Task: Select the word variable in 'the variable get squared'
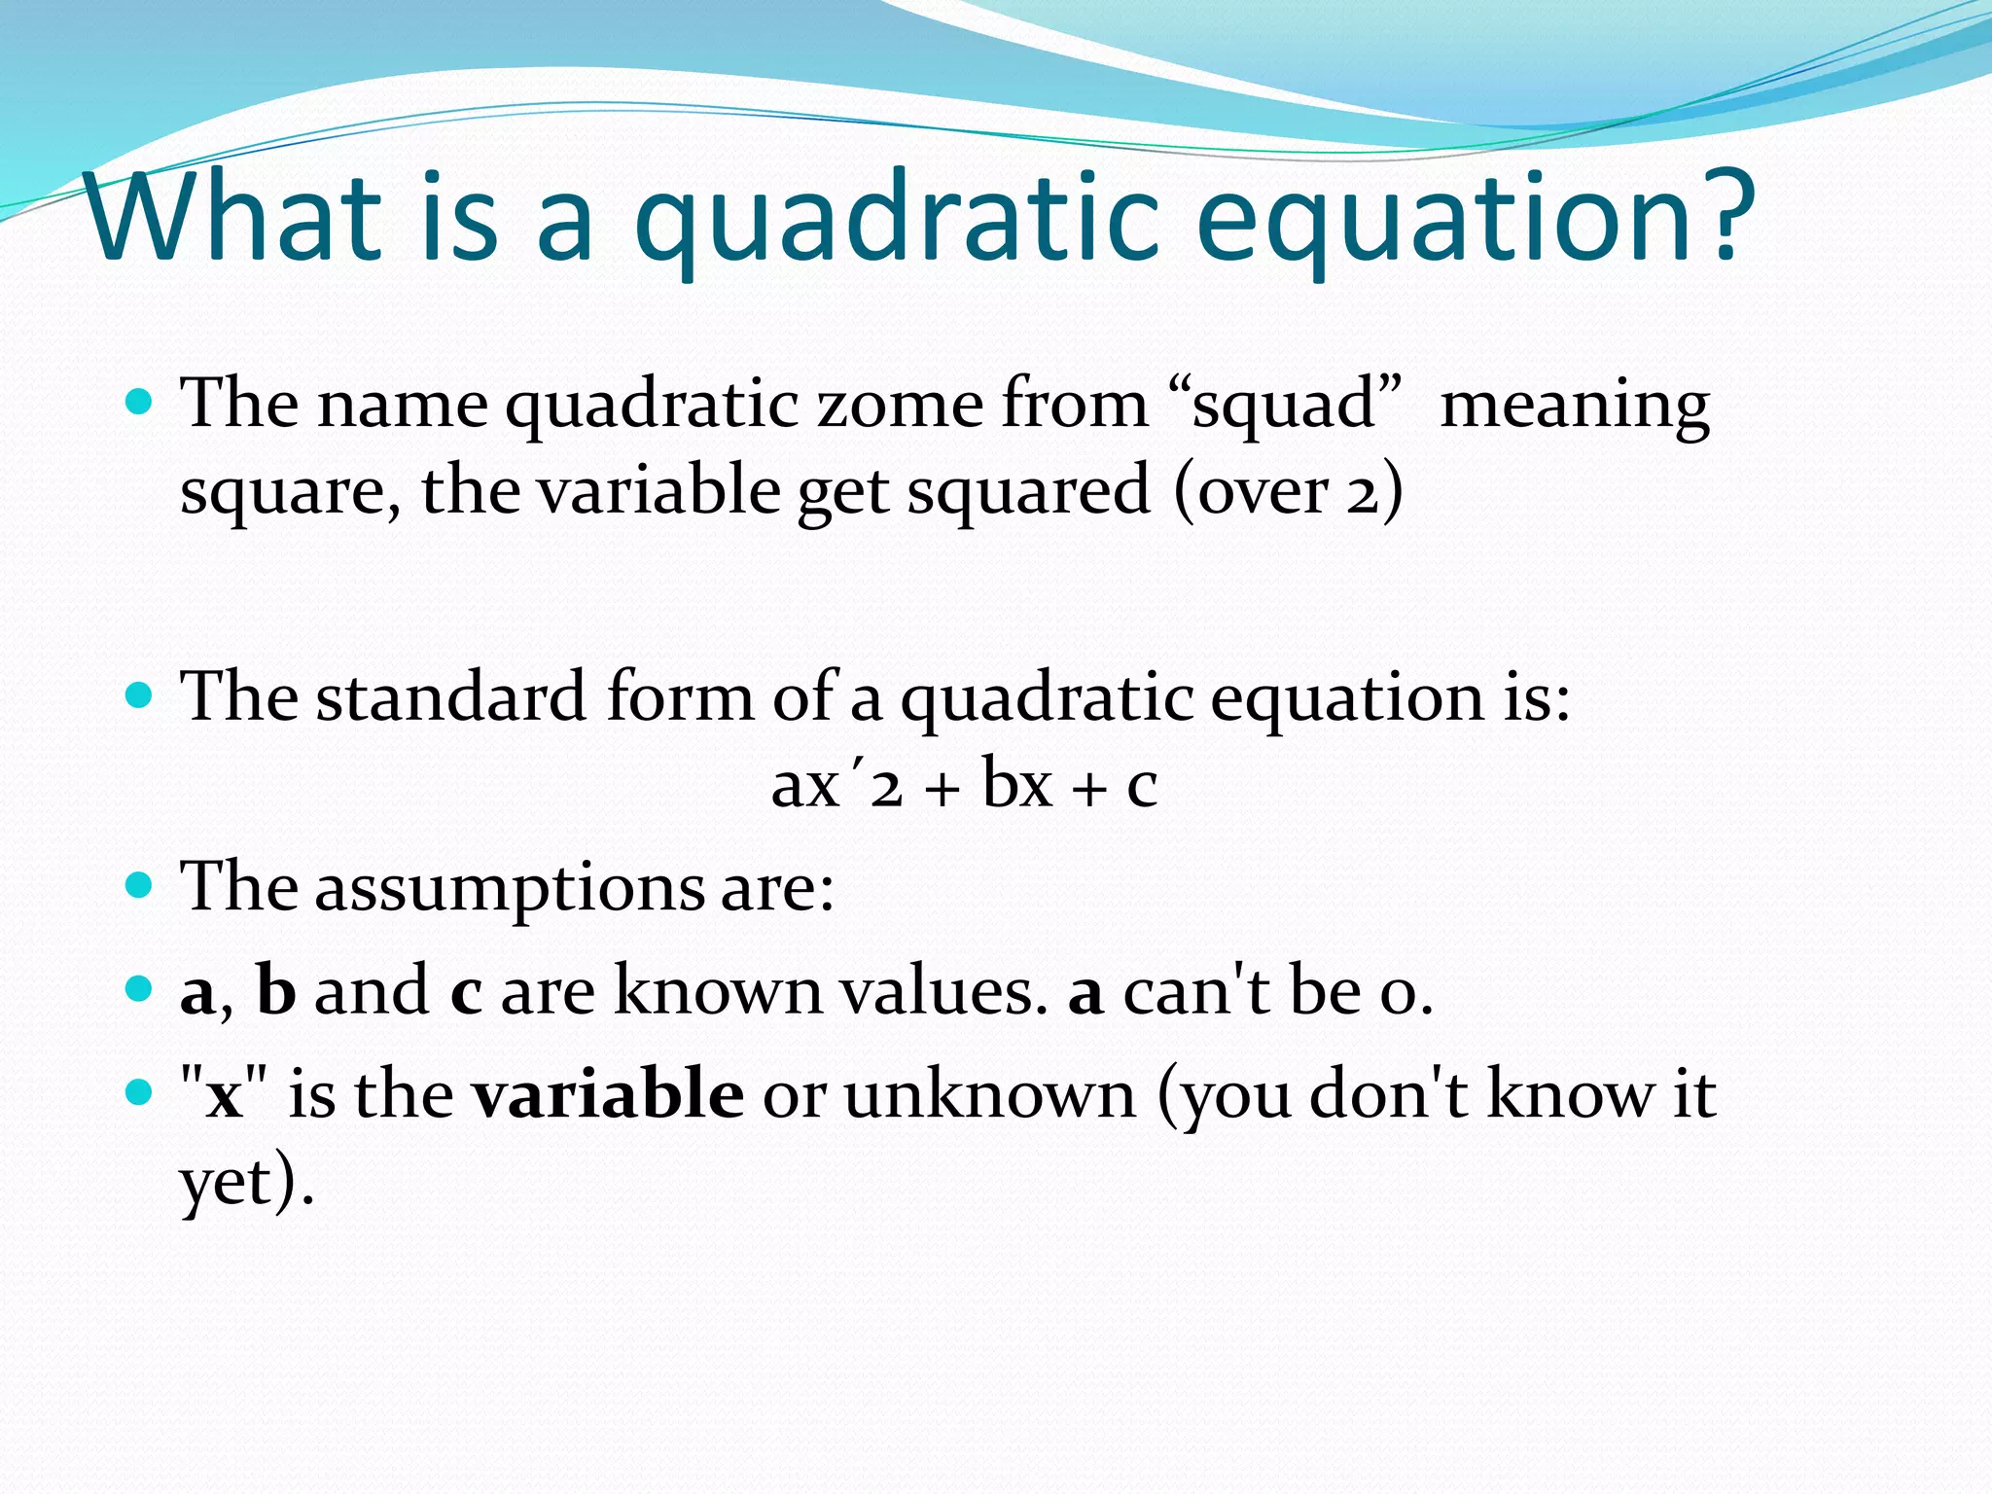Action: coord(658,490)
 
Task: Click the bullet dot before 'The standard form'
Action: coord(140,694)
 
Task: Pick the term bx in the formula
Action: coord(1016,784)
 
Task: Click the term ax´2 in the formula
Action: coord(836,784)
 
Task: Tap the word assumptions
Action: coord(510,887)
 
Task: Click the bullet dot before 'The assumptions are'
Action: coord(140,885)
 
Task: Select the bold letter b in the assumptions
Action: coord(275,990)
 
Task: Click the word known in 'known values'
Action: coord(718,990)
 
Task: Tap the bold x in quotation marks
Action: coord(225,1095)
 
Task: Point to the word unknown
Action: coord(989,1095)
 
